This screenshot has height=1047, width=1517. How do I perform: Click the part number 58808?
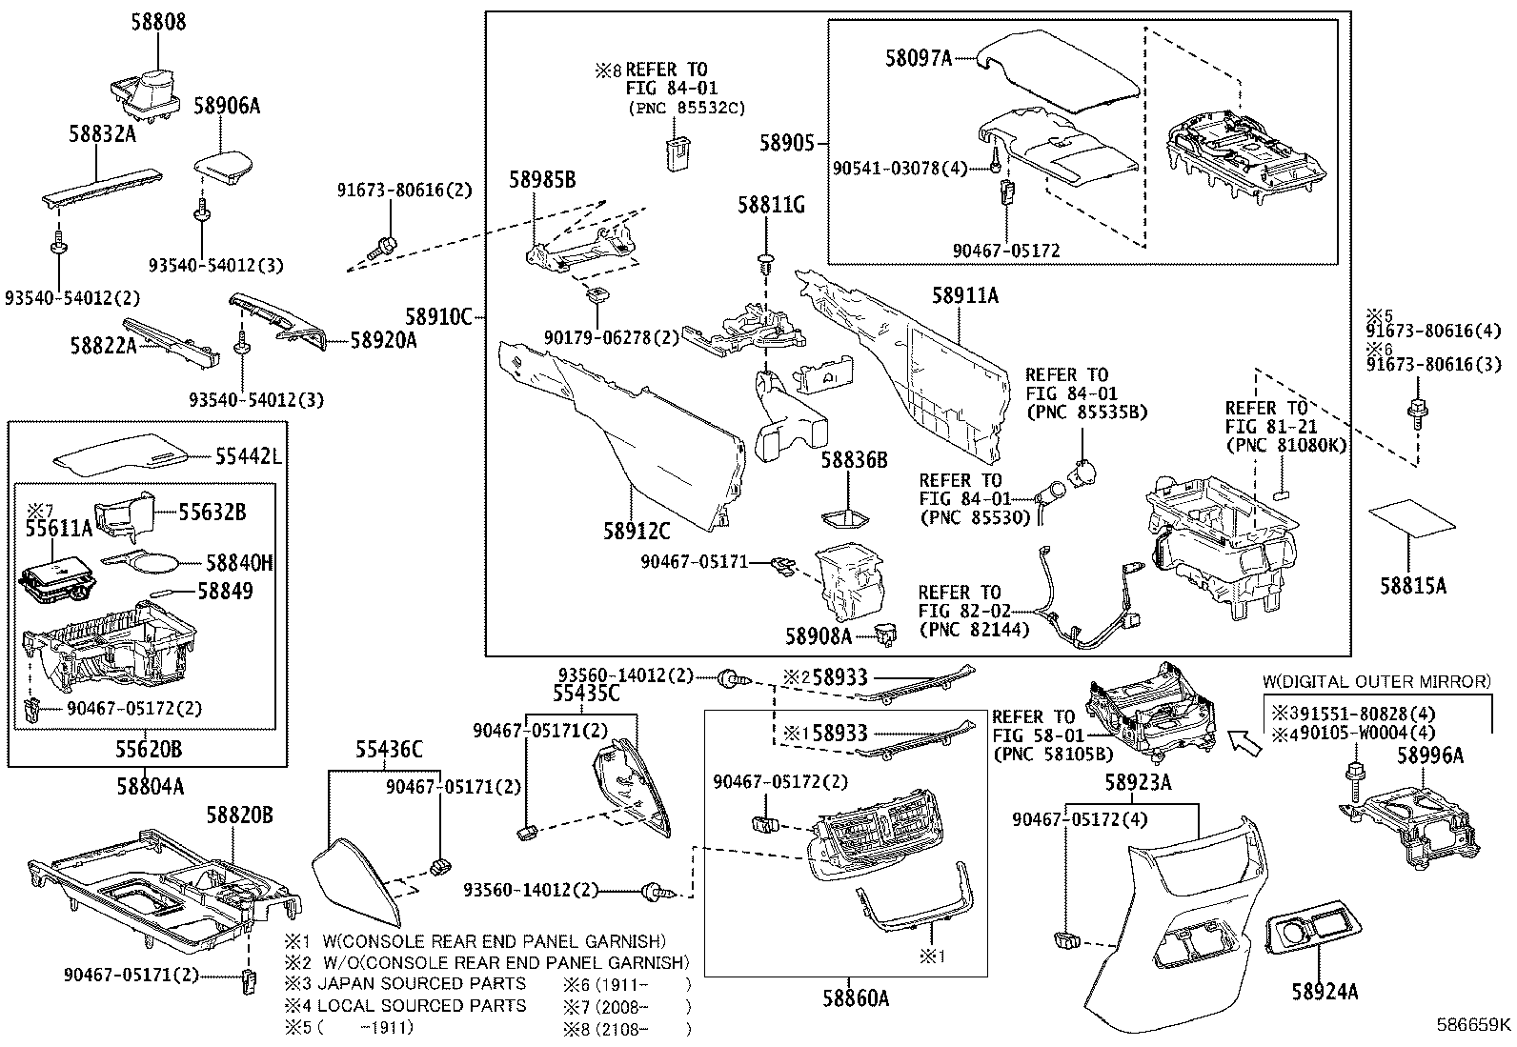click(158, 21)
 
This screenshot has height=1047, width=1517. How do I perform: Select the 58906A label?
click(227, 106)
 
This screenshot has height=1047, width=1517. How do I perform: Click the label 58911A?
click(964, 296)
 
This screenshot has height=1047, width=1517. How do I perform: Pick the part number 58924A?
click(1325, 993)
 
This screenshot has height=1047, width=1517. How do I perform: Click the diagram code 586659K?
click(1474, 1025)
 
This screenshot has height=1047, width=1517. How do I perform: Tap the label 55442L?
click(248, 457)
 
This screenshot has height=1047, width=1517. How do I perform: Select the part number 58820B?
click(240, 815)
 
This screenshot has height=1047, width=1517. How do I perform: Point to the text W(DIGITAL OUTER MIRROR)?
click(1376, 681)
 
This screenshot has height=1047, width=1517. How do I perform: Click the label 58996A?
click(1429, 755)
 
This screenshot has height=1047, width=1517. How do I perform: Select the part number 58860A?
click(856, 998)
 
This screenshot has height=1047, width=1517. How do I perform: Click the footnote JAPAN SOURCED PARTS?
click(421, 983)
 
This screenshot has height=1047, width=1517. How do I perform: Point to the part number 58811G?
click(771, 205)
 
